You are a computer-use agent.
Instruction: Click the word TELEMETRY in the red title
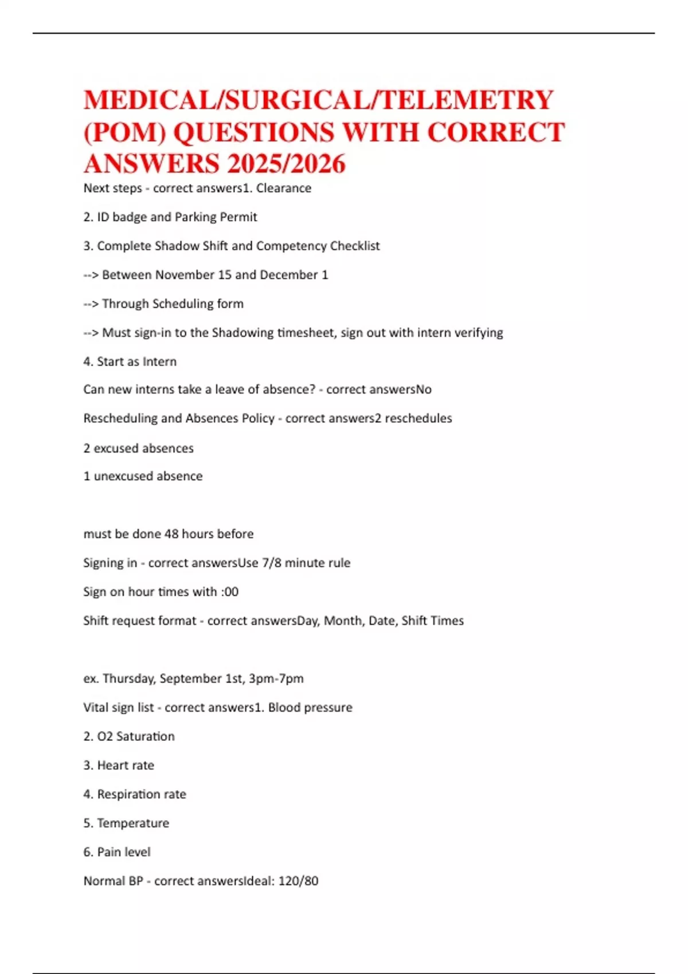(x=467, y=100)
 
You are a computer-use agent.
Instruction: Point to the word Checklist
(x=351, y=246)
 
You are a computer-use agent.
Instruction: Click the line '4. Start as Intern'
(x=130, y=362)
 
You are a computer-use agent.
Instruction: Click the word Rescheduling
(x=120, y=418)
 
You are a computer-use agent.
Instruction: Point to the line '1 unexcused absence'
(x=143, y=476)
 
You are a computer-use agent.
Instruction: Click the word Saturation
(x=146, y=736)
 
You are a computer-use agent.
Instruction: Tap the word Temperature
(x=133, y=823)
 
